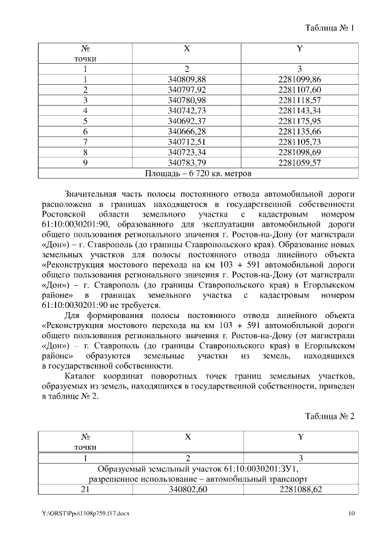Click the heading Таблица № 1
pyautogui.click(x=330, y=28)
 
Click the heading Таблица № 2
pyautogui.click(x=330, y=416)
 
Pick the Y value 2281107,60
pyautogui.click(x=300, y=90)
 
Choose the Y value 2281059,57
pyautogui.click(x=300, y=162)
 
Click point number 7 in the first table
pyautogui.click(x=85, y=141)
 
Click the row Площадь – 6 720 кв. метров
pyautogui.click(x=198, y=173)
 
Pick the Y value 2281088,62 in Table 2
pyautogui.click(x=300, y=489)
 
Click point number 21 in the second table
pyautogui.click(x=85, y=489)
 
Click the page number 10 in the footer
pyautogui.click(x=352, y=513)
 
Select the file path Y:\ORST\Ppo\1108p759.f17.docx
pyautogui.click(x=86, y=513)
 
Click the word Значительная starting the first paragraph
pyautogui.click(x=91, y=194)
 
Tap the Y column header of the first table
pyautogui.click(x=300, y=48)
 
